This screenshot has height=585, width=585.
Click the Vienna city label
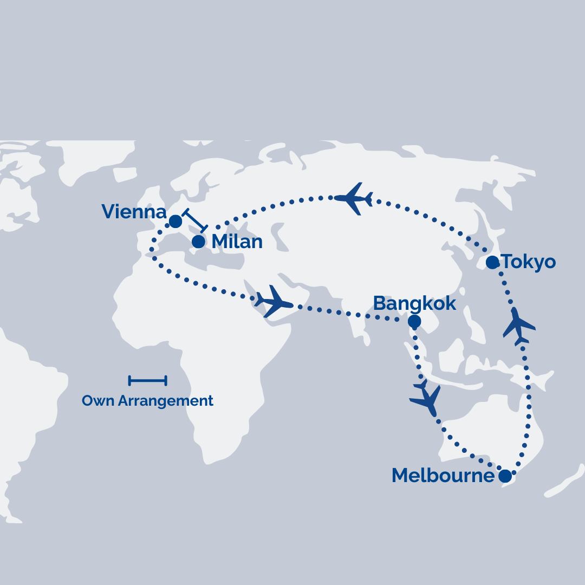tap(134, 212)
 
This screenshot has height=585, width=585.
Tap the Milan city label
tap(237, 242)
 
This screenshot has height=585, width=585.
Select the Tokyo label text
tap(529, 262)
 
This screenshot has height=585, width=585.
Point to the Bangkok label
tap(415, 303)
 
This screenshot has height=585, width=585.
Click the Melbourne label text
tap(443, 476)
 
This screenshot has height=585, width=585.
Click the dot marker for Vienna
tap(175, 222)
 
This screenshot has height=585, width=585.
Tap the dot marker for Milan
tap(199, 242)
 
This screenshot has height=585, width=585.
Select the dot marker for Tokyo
tap(492, 263)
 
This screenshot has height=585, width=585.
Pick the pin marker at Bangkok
tap(414, 322)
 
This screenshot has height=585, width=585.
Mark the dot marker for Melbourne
tap(505, 476)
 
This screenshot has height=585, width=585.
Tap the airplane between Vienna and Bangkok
tap(274, 302)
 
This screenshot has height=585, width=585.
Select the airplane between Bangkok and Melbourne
tap(426, 399)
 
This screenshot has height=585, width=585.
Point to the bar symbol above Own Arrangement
tap(147, 381)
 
